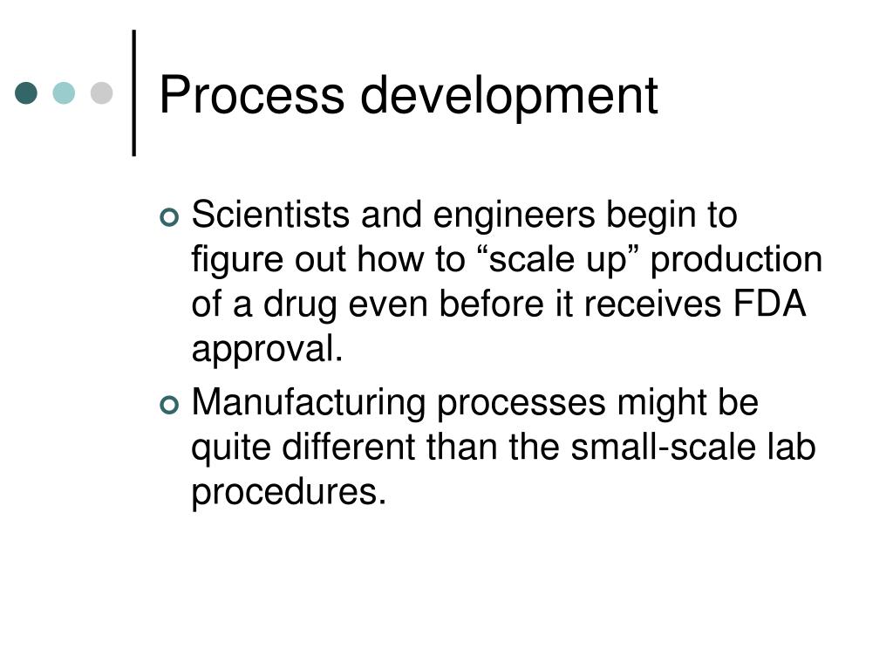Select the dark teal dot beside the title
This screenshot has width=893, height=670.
27,92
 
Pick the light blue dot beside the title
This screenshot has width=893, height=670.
65,92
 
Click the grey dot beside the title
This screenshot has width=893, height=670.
102,92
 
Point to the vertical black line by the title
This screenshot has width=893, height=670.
134,92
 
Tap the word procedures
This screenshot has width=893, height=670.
288,494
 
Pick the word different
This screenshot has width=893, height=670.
354,448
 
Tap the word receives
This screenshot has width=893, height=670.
649,305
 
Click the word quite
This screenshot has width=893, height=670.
231,448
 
